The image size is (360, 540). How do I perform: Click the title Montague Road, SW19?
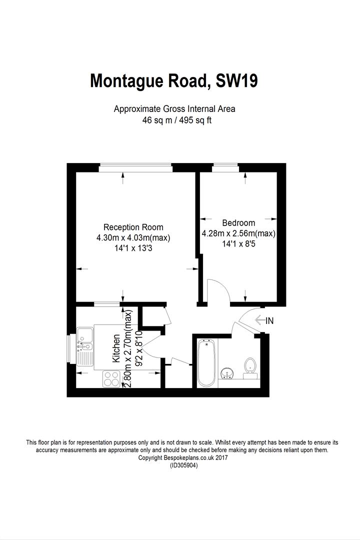pyautogui.click(x=173, y=80)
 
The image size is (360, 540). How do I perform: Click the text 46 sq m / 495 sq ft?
pyautogui.click(x=174, y=120)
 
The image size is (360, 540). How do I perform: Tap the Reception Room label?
pyautogui.click(x=133, y=227)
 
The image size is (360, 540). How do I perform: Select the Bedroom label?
pyautogui.click(x=238, y=223)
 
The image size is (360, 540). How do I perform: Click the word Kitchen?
pyautogui.click(x=116, y=348)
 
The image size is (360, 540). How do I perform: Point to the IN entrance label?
pyautogui.click(x=269, y=321)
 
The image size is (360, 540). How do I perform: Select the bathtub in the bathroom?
pyautogui.click(x=206, y=362)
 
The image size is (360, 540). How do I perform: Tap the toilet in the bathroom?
pyautogui.click(x=249, y=366)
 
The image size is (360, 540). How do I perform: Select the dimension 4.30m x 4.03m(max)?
pyautogui.click(x=133, y=238)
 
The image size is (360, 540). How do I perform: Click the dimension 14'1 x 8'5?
pyautogui.click(x=238, y=244)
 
